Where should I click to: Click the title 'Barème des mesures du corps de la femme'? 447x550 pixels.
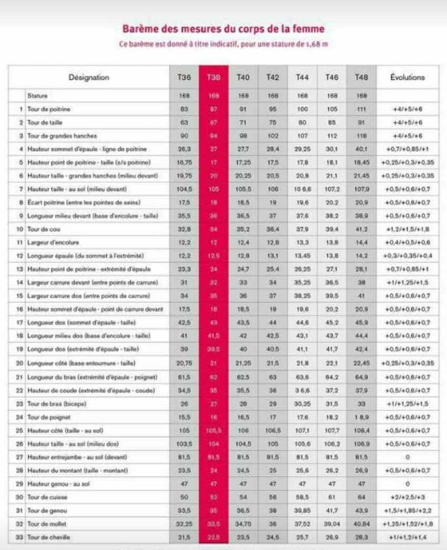pyautogui.click(x=223, y=29)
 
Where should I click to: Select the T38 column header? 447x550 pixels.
pyautogui.click(x=214, y=77)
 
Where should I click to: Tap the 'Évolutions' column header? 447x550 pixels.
pyautogui.click(x=407, y=77)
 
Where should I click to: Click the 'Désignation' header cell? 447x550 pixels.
pyautogui.click(x=89, y=77)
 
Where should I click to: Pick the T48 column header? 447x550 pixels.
pyautogui.click(x=361, y=77)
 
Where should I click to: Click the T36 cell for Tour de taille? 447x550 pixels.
pyautogui.click(x=184, y=122)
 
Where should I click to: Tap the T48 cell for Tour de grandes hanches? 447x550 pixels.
pyautogui.click(x=361, y=136)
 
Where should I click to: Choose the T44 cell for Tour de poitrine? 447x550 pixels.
pyautogui.click(x=302, y=109)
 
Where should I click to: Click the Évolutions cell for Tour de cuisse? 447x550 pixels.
pyautogui.click(x=407, y=497)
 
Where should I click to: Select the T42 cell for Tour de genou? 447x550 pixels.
pyautogui.click(x=272, y=510)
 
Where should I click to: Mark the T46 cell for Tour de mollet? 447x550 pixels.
pyautogui.click(x=331, y=524)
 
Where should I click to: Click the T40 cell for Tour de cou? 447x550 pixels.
pyautogui.click(x=243, y=229)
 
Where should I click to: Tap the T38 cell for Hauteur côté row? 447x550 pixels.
pyautogui.click(x=214, y=430)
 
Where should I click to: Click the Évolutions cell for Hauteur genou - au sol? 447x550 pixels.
pyautogui.click(x=407, y=483)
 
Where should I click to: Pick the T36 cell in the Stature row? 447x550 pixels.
pyautogui.click(x=184, y=96)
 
